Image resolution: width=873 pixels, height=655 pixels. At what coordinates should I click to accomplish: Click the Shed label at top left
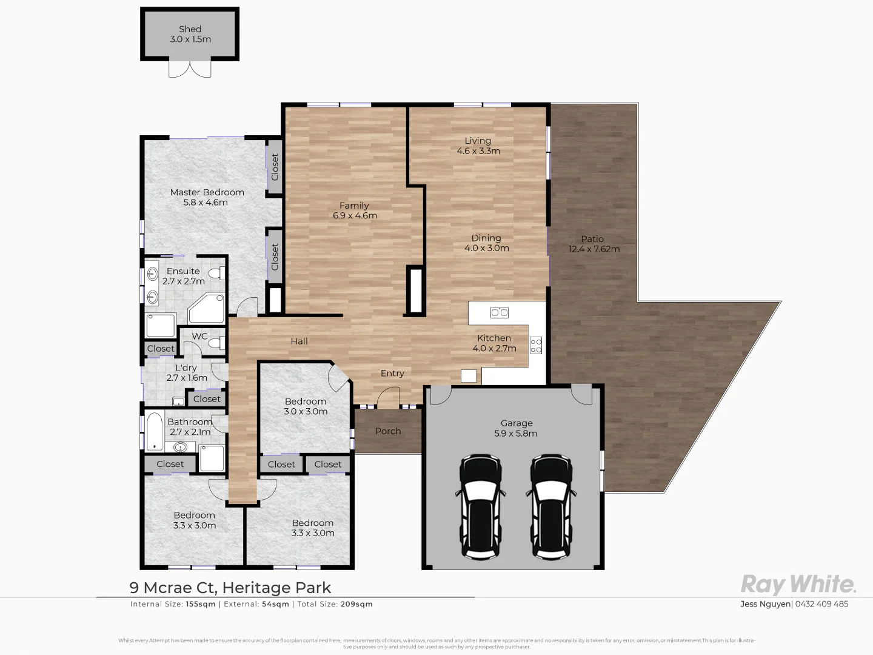[x=190, y=29]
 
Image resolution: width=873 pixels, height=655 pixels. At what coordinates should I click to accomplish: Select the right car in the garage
[x=552, y=506]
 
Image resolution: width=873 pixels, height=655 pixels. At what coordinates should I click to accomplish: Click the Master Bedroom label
[x=207, y=192]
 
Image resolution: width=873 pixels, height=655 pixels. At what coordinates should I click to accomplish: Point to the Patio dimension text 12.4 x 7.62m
[x=594, y=249]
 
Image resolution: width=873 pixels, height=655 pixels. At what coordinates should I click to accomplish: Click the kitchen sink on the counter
[x=499, y=313]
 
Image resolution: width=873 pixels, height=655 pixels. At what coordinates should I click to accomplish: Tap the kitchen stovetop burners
[x=536, y=346]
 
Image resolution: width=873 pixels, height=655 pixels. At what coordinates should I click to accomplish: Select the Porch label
[x=388, y=431]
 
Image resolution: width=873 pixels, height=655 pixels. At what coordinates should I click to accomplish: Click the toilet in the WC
[x=215, y=343]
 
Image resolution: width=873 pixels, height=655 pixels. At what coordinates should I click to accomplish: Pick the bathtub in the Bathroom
[x=155, y=431]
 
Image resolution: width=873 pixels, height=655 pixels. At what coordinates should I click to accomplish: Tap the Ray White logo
[x=798, y=585]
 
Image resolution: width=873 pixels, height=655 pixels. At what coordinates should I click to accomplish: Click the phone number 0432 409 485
[x=821, y=604]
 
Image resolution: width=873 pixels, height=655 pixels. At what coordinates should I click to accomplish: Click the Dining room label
[x=486, y=238]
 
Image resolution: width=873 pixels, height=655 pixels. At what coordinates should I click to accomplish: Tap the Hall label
[x=299, y=341]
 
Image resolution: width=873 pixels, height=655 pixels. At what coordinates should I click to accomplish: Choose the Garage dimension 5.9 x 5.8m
[x=517, y=433]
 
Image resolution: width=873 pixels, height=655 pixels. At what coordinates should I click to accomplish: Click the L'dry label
[x=186, y=368]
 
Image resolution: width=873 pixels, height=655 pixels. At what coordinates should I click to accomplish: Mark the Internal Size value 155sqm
[x=201, y=604]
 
